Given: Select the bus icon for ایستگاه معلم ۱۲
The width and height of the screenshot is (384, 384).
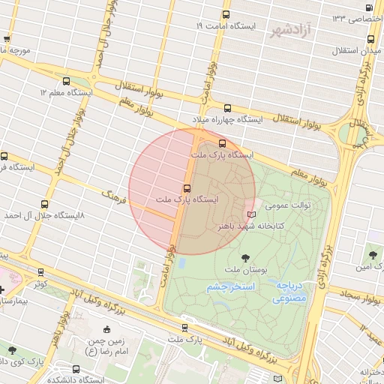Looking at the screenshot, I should (67, 82).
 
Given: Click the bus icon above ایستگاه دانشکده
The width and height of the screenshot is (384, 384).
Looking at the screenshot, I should (76, 368).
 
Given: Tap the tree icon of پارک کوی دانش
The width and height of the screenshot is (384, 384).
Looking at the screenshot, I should (11, 349).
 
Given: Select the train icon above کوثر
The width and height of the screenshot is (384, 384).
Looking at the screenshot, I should (40, 272).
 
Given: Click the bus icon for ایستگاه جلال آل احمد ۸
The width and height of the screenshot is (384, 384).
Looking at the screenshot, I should (45, 203).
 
